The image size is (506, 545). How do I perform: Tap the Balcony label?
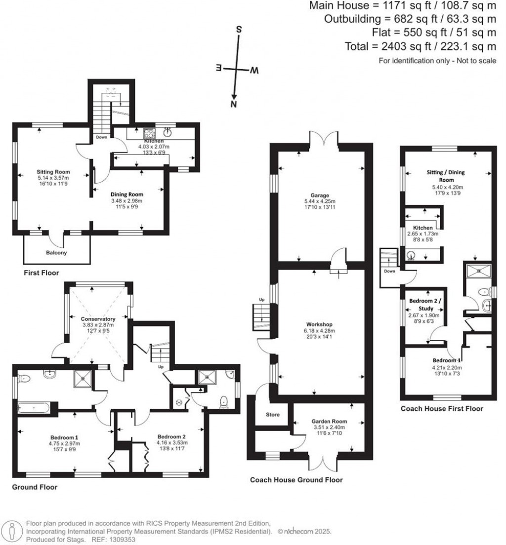coord(57,253)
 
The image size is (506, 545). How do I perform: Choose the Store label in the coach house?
coord(273,415)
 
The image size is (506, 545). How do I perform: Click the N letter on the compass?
coord(234,104)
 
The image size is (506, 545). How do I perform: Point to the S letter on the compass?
coord(239,29)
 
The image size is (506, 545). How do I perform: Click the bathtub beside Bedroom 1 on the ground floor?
coord(33,408)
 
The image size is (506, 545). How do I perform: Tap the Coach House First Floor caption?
coord(442,408)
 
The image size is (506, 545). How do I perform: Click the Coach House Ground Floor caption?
coord(296,479)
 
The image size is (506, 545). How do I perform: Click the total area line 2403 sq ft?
coord(420,46)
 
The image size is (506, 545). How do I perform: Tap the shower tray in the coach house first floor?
coord(477,271)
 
